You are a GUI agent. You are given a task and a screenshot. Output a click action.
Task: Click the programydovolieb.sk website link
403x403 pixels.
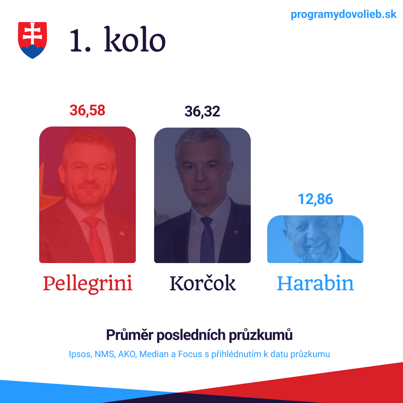click(x=343, y=15)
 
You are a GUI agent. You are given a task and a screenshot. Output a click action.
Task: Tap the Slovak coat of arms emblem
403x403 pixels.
click(x=32, y=40)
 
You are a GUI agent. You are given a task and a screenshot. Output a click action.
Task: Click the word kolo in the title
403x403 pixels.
click(x=135, y=39)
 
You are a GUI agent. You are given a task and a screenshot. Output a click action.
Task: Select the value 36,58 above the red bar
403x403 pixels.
click(x=87, y=110)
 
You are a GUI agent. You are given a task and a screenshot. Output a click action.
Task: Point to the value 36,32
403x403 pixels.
click(x=202, y=112)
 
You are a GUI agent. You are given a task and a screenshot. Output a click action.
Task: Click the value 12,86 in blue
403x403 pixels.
click(x=315, y=199)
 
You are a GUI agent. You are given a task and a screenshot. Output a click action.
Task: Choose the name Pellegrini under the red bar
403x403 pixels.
click(x=88, y=284)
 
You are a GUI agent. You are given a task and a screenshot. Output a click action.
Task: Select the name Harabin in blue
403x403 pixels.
click(x=315, y=283)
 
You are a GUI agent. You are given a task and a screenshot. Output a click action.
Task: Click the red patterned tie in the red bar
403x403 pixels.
click(x=95, y=239)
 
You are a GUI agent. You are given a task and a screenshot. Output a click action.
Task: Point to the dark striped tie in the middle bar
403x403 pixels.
click(x=207, y=240)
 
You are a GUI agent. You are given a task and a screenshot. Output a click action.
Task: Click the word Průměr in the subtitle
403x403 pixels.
click(x=130, y=335)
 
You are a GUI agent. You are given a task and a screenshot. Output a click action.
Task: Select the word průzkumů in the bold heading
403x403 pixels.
click(x=260, y=335)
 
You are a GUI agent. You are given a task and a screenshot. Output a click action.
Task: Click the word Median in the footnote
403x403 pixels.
click(x=154, y=354)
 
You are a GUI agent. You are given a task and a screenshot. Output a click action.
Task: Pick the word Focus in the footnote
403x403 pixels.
click(x=190, y=354)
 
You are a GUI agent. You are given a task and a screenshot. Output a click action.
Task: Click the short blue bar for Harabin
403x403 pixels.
click(x=315, y=239)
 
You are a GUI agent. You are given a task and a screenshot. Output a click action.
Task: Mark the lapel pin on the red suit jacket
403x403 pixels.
click(x=122, y=233)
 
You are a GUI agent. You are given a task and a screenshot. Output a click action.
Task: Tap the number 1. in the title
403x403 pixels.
click(x=80, y=40)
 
